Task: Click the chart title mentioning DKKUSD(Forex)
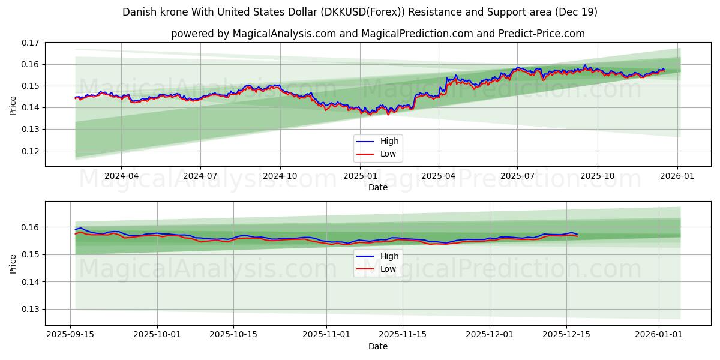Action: click(x=360, y=12)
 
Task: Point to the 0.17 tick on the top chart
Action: click(x=31, y=43)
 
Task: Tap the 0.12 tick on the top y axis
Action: click(x=31, y=151)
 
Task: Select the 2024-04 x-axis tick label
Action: click(x=121, y=176)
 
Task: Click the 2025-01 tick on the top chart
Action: click(x=359, y=176)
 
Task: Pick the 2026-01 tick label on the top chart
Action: click(x=677, y=176)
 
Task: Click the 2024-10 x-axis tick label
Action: click(x=280, y=176)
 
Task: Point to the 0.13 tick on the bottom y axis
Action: click(x=31, y=310)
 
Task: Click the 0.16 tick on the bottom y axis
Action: click(x=31, y=227)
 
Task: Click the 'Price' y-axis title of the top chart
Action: click(x=13, y=105)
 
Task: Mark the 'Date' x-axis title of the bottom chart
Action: click(x=378, y=346)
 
